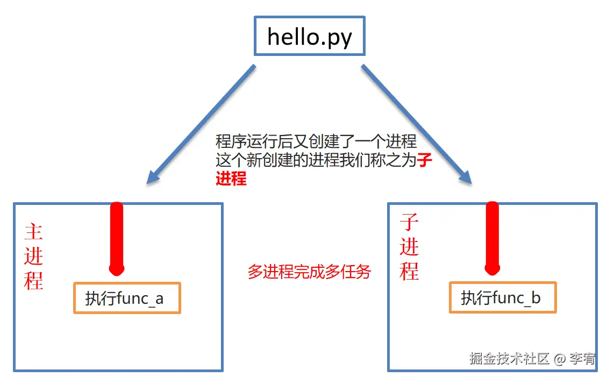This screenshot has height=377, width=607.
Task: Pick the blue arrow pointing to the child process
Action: (x=416, y=124)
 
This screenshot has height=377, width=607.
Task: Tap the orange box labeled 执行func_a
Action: (x=127, y=298)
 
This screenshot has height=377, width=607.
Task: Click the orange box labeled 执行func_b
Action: (x=503, y=297)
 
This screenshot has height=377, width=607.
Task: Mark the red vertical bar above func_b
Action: (x=492, y=237)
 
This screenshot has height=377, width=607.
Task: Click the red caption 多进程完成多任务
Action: (x=309, y=272)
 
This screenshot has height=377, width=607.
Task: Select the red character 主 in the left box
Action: (x=33, y=232)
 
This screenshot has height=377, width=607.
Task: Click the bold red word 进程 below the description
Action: (x=231, y=179)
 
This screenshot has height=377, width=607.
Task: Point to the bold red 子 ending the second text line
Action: (x=425, y=160)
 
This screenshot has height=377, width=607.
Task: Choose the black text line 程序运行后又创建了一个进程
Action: (x=316, y=141)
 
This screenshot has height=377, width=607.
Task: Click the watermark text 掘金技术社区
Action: (x=509, y=359)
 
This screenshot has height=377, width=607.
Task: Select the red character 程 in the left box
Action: (x=33, y=280)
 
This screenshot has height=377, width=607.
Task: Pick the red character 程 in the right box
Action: (x=409, y=270)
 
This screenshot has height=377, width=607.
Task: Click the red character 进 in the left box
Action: (x=33, y=255)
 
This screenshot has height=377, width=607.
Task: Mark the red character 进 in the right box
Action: (x=409, y=246)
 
